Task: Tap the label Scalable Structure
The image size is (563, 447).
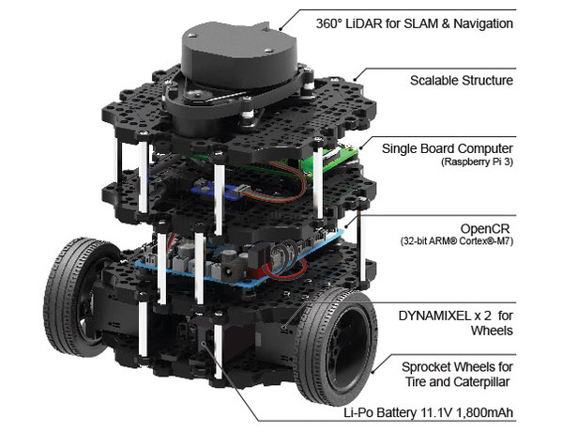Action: click(x=462, y=81)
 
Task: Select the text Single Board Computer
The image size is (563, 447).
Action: click(x=448, y=148)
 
